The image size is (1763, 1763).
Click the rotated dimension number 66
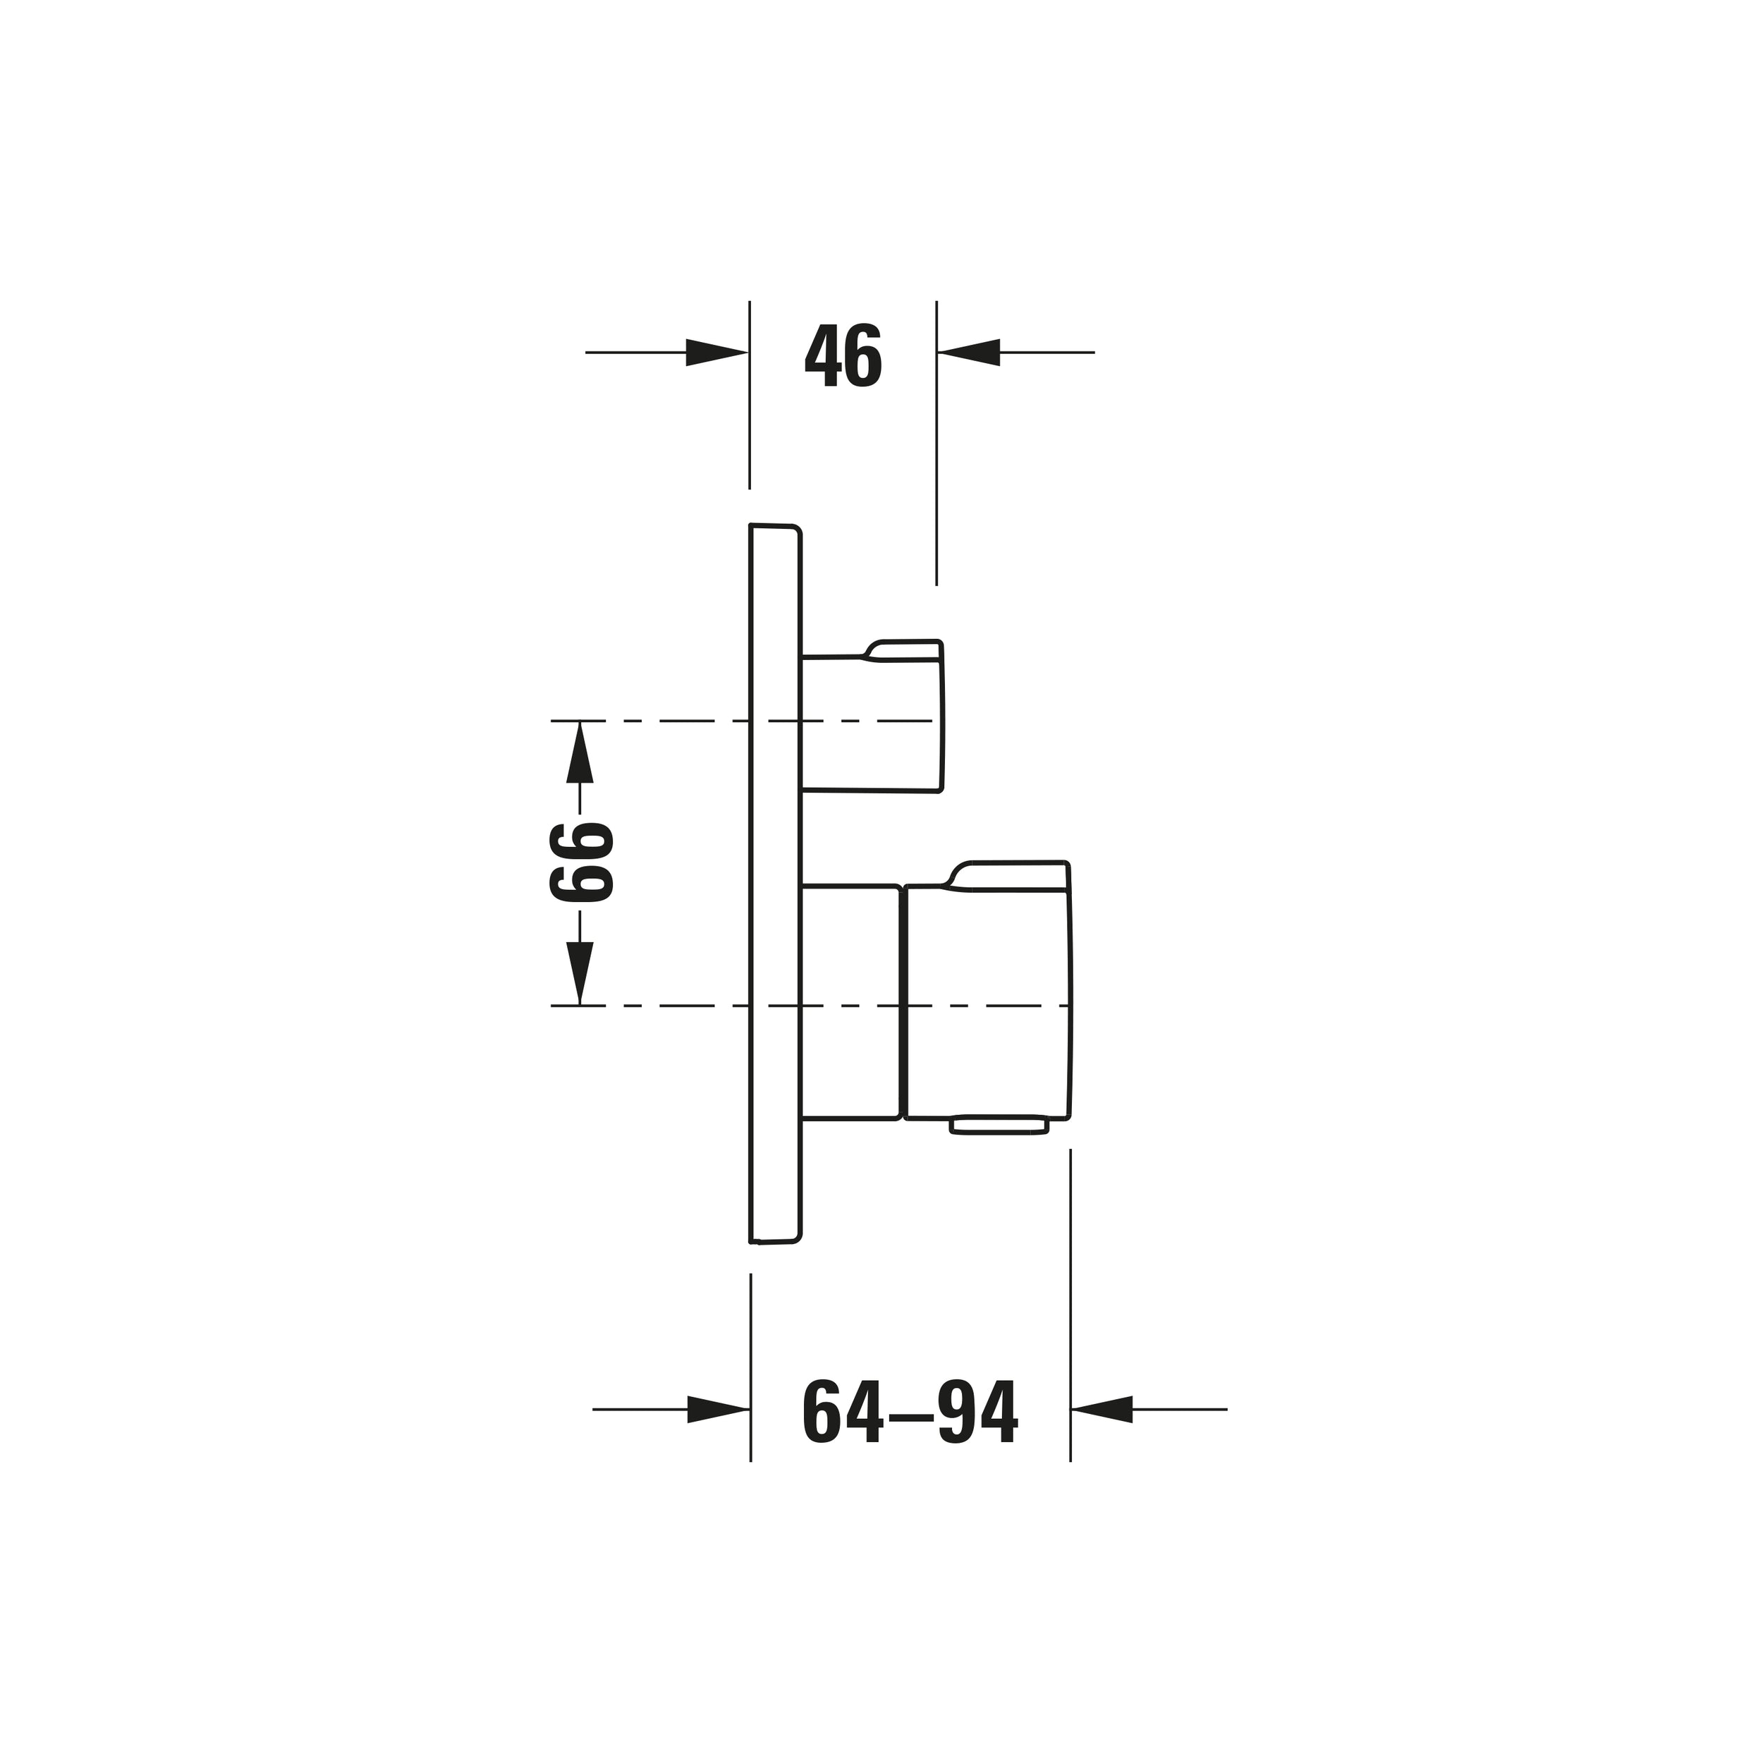581,862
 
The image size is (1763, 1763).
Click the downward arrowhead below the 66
580,972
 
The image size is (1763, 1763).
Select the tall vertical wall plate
775,884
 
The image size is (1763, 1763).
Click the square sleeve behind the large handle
850,1001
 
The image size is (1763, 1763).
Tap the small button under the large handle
999,1127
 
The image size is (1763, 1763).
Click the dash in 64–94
909,1417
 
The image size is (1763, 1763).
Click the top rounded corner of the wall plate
795,531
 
